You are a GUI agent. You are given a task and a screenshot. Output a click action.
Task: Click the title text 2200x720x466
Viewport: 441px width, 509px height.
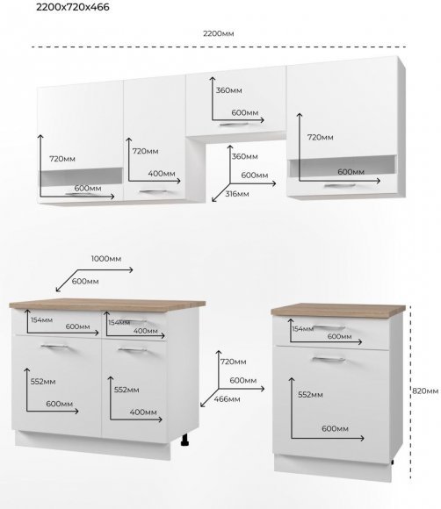pyautogui.click(x=72, y=7)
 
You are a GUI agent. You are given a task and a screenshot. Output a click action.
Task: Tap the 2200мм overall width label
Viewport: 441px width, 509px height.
pyautogui.click(x=219, y=33)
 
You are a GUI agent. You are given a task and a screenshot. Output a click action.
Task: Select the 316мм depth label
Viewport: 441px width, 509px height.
pyautogui.click(x=237, y=194)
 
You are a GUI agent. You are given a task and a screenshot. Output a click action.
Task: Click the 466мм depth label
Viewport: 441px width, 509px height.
pyautogui.click(x=227, y=399)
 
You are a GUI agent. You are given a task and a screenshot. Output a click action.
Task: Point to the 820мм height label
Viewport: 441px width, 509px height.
pyautogui.click(x=425, y=391)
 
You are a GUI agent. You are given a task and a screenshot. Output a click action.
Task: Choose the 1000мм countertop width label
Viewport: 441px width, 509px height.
pyautogui.click(x=106, y=259)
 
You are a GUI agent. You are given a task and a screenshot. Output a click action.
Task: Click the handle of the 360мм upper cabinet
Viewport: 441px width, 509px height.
pyautogui.click(x=234, y=125)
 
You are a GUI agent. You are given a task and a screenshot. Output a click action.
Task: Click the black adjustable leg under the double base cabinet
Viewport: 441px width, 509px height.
pyautogui.click(x=185, y=440)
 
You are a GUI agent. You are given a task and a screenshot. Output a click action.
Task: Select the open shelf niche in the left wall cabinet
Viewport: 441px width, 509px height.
pyautogui.click(x=81, y=177)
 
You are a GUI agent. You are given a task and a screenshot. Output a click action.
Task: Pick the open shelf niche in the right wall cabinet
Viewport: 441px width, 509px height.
pyautogui.click(x=343, y=165)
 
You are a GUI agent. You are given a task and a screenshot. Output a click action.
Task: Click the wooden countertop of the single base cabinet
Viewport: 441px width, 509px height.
pyautogui.click(x=338, y=310)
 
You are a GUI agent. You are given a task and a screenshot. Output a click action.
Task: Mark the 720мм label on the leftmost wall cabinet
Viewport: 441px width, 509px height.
pyautogui.click(x=62, y=159)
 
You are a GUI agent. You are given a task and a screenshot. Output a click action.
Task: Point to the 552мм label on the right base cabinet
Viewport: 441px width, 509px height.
pyautogui.click(x=310, y=395)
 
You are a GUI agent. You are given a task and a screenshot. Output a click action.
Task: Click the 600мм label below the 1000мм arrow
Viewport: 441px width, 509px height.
pyautogui.click(x=85, y=282)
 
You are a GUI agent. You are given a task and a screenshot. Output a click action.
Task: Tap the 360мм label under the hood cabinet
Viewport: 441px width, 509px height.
pyautogui.click(x=245, y=156)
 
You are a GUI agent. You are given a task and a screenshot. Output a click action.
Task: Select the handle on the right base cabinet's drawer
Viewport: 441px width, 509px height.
pyautogui.click(x=329, y=327)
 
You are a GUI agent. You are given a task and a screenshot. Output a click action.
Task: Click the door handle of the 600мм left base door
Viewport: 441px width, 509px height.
pyautogui.click(x=54, y=347)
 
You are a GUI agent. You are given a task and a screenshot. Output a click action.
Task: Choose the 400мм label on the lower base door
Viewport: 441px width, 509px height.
pyautogui.click(x=143, y=412)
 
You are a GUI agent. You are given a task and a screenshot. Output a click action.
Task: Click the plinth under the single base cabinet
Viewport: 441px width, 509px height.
pyautogui.click(x=333, y=468)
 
